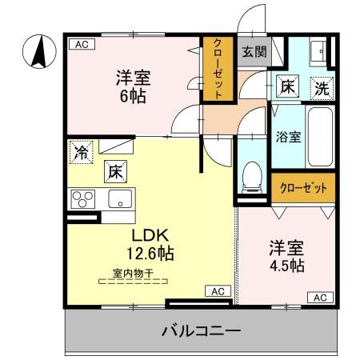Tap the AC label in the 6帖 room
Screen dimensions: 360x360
80,45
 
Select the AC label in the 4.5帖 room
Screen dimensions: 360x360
318,297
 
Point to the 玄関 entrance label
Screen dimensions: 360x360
254,52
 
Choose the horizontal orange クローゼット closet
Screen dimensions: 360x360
303,188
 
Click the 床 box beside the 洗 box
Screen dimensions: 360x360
287,86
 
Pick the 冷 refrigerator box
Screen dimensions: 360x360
81,152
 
